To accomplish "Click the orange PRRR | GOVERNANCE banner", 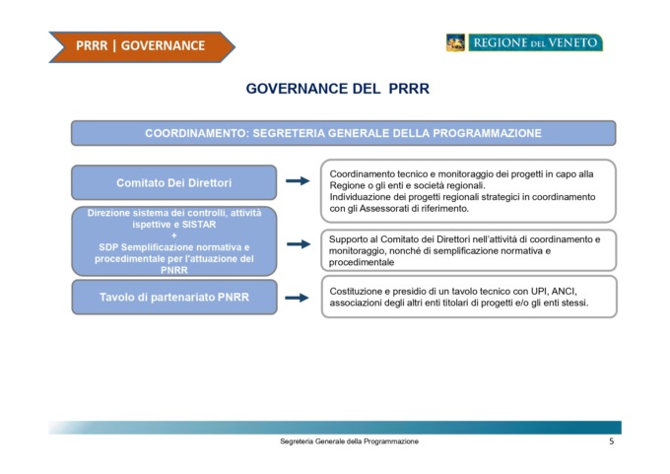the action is (142, 46).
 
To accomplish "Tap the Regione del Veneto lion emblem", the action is (455, 42).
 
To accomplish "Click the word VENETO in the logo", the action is (572, 42).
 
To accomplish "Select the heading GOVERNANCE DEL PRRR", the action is (338, 89).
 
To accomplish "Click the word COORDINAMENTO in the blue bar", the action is (196, 133).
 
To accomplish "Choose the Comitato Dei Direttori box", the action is (174, 182).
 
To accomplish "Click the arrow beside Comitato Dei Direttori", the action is (298, 180).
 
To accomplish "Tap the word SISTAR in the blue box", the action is (199, 225).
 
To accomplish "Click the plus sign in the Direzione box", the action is (174, 236).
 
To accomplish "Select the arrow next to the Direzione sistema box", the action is (299, 244).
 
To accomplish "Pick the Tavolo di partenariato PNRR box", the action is (174, 297).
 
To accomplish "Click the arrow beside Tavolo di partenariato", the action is (297, 298).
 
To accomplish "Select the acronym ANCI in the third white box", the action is (564, 291).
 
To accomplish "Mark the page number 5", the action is (612, 441).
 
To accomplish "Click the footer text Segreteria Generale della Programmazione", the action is (349, 441).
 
